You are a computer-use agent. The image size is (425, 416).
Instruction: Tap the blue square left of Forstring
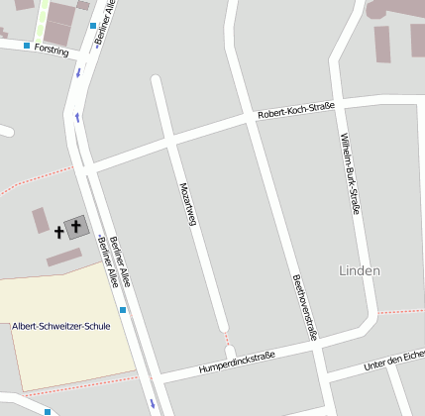[x=27, y=46]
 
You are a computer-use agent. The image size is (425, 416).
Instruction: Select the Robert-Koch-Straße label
[x=295, y=110]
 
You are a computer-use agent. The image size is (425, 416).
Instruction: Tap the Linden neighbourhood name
[x=360, y=270]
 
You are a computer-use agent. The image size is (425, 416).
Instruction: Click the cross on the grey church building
[x=76, y=227]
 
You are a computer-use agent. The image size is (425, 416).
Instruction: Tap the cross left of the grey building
[x=58, y=232]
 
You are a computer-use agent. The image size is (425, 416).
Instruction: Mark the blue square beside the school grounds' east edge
[x=123, y=310]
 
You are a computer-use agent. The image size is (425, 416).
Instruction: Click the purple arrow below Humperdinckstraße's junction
[x=152, y=403]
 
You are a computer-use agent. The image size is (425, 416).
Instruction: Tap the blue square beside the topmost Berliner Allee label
[x=92, y=25]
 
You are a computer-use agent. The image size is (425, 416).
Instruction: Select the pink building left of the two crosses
[x=41, y=220]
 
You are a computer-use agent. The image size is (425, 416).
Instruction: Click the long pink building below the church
[x=64, y=257]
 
